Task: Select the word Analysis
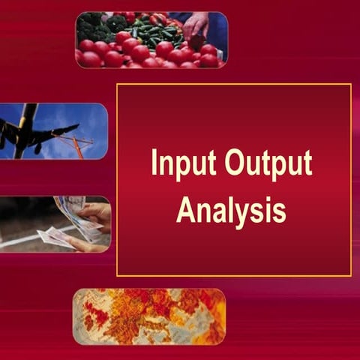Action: pos(231,209)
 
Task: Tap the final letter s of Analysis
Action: pos(280,211)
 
